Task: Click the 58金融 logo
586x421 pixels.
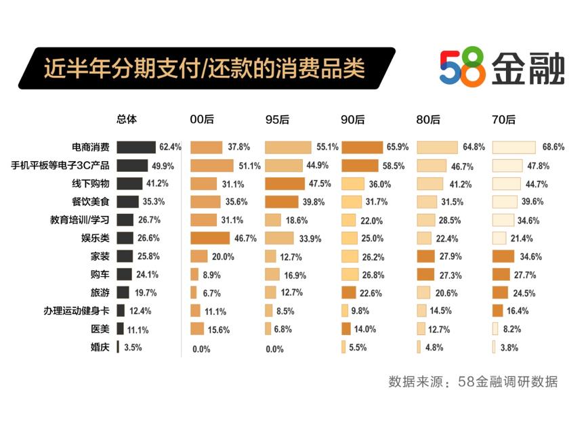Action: (x=501, y=68)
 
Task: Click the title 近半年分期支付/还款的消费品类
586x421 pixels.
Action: (x=204, y=68)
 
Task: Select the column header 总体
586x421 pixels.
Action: (x=127, y=119)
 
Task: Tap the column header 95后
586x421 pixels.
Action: (x=276, y=120)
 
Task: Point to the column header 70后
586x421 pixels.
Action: (x=503, y=120)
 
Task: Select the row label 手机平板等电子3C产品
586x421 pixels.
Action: (x=62, y=165)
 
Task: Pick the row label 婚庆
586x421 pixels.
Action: (x=100, y=348)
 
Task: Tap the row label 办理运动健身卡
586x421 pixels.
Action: (x=77, y=311)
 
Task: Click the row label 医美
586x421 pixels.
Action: (x=100, y=330)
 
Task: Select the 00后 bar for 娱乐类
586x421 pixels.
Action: (x=210, y=238)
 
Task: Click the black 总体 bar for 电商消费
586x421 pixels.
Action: (x=136, y=147)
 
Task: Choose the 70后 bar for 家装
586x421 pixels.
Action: (x=503, y=257)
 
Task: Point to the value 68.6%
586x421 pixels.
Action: (x=553, y=147)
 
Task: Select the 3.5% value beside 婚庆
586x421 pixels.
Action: (x=133, y=348)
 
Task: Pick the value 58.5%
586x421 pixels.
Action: (x=398, y=165)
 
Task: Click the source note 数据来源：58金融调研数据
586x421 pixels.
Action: (x=473, y=382)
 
